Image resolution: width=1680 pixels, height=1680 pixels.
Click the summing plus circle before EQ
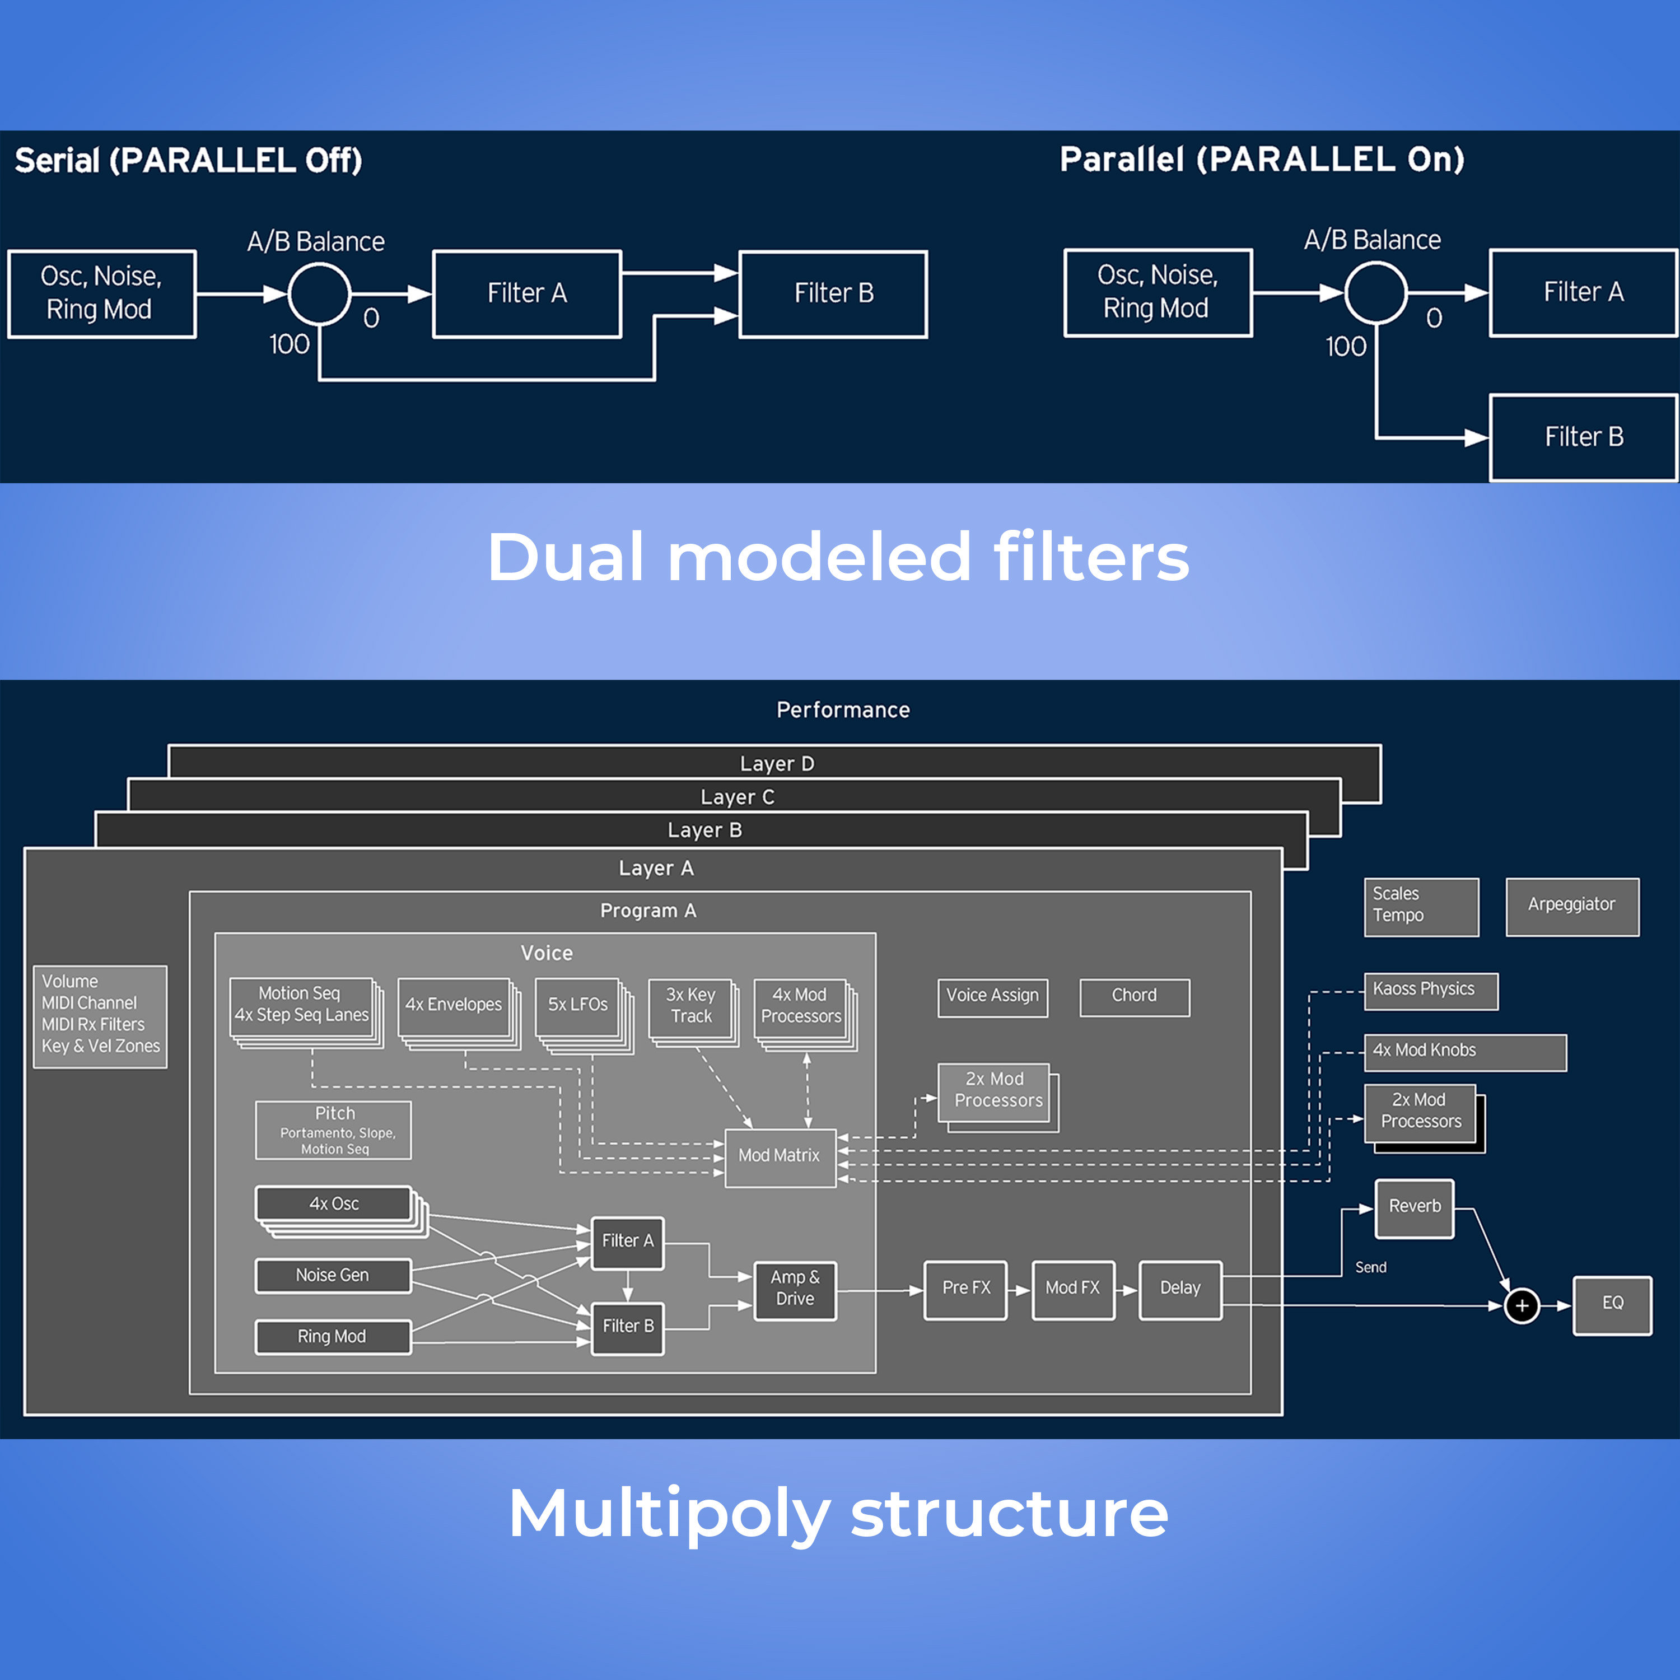pyautogui.click(x=1522, y=1305)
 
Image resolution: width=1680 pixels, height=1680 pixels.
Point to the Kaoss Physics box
pyautogui.click(x=1430, y=991)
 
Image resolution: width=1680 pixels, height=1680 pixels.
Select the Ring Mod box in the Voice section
pyautogui.click(x=332, y=1337)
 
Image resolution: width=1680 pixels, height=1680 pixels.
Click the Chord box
pyautogui.click(x=1134, y=997)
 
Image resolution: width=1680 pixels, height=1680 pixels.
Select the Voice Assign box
pyautogui.click(x=992, y=997)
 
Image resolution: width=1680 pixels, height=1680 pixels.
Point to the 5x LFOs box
pyautogui.click(x=577, y=1007)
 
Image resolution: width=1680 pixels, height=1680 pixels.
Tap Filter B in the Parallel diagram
pyautogui.click(x=1583, y=437)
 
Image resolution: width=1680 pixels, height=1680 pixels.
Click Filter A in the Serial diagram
pyautogui.click(x=527, y=294)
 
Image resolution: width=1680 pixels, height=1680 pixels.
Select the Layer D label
pyautogui.click(x=777, y=763)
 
